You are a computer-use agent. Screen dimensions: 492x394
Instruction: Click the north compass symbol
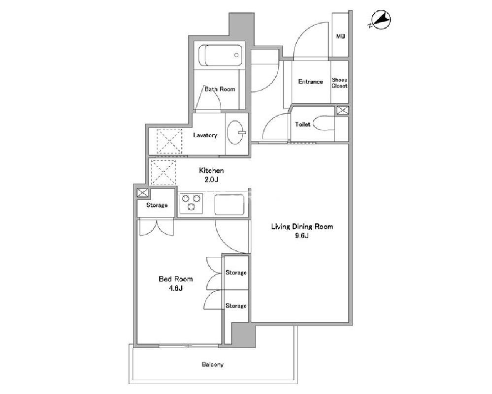tap(381, 20)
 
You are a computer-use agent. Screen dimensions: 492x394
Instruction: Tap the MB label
tap(340, 36)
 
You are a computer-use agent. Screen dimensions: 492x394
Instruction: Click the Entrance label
tap(310, 82)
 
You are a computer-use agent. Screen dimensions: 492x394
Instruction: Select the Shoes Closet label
tap(339, 83)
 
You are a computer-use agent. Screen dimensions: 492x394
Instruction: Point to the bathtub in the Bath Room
tap(220, 55)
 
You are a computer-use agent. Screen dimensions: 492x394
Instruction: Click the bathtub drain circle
tap(236, 55)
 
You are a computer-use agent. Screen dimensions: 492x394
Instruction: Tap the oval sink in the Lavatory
tap(235, 132)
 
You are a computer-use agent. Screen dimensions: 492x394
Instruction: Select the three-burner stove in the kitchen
tap(191, 203)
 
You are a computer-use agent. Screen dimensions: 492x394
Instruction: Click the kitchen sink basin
tap(229, 205)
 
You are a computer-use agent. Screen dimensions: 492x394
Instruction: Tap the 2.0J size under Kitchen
tap(211, 180)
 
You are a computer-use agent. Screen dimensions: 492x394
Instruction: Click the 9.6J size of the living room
tap(301, 236)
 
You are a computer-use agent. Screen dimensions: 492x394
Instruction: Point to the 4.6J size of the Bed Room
tap(175, 288)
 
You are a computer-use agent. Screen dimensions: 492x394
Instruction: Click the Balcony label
tap(212, 364)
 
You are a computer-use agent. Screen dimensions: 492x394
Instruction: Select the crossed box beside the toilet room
tap(343, 110)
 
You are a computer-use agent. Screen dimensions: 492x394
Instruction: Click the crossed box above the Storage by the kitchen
tap(142, 193)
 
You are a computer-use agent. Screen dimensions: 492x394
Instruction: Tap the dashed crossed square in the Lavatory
tap(169, 141)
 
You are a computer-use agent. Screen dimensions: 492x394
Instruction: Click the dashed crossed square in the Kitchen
tap(163, 173)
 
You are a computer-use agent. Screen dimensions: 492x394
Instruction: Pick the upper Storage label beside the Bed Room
tap(236, 273)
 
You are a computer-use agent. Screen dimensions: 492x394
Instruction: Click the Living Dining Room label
tap(302, 227)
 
